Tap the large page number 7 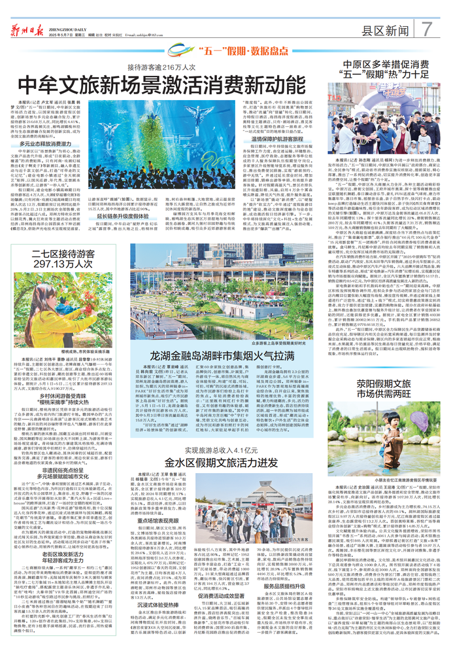pos(426,29)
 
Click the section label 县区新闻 pos(384,30)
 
